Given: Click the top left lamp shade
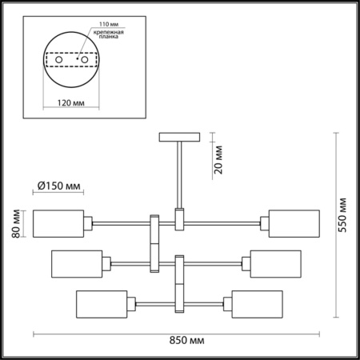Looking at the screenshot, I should (58, 222).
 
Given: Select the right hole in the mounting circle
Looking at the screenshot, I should (81, 59).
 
